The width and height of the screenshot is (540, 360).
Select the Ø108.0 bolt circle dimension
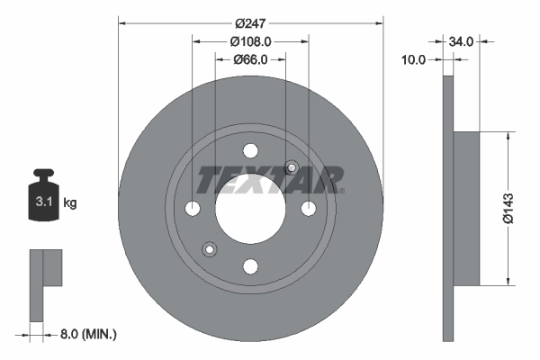(x=250, y=41)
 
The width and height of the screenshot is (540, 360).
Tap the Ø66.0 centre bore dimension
(x=250, y=60)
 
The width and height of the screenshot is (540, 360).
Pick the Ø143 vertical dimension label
(x=508, y=208)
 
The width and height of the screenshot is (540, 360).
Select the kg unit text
(x=70, y=203)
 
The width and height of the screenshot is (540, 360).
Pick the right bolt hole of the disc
(x=308, y=209)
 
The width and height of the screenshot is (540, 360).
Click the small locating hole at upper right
(x=291, y=166)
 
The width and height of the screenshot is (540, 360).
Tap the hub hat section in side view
(x=466, y=209)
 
